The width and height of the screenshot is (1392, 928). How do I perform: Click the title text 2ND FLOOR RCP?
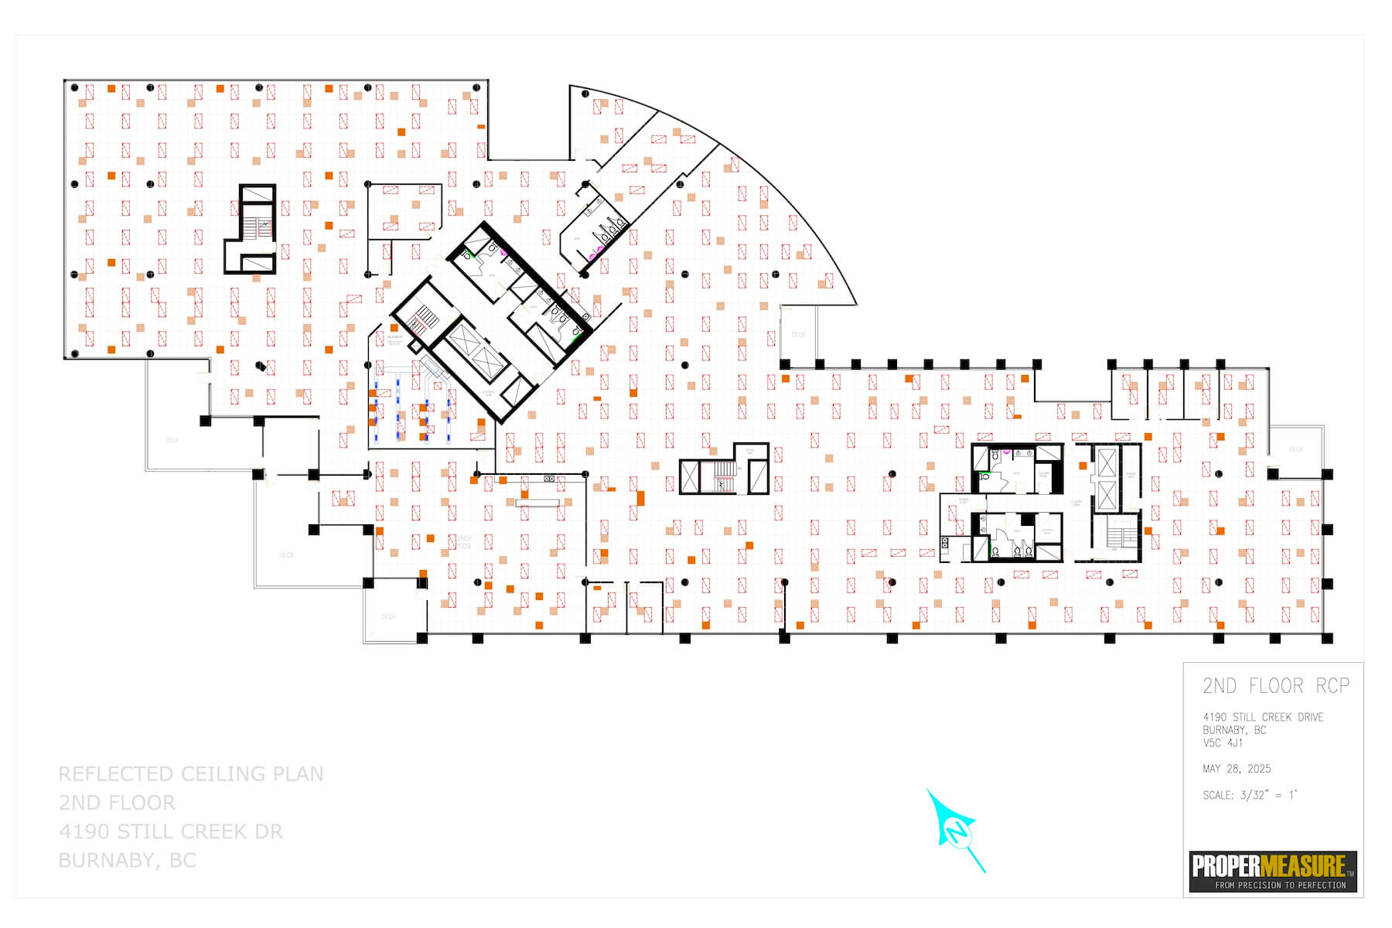(x=1275, y=686)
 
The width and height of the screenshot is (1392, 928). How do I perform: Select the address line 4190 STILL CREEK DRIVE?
(x=1263, y=717)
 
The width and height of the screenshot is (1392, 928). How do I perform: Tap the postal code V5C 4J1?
(x=1223, y=743)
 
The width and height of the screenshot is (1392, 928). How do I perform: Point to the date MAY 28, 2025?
(x=1237, y=769)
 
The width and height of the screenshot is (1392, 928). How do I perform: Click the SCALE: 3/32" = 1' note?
(x=1250, y=795)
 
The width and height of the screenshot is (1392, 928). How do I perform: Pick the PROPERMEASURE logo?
(x=1273, y=865)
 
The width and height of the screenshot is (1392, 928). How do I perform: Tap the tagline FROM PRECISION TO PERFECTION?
(x=1280, y=885)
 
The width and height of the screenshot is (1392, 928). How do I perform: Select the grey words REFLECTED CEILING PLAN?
(x=191, y=774)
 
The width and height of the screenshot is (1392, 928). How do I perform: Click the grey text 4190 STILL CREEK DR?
(x=171, y=832)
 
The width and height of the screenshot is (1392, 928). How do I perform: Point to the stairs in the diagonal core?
(x=424, y=317)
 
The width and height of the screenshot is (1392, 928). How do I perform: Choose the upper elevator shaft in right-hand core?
(x=1107, y=462)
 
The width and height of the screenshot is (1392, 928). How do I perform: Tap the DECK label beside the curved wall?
(x=799, y=335)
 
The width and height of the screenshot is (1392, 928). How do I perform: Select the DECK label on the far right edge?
(x=1296, y=449)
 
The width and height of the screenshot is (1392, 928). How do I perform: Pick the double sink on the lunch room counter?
(x=550, y=479)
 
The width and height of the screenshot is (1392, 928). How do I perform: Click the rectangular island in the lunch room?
(x=538, y=503)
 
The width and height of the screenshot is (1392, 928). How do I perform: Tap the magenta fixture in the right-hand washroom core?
(x=1006, y=450)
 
